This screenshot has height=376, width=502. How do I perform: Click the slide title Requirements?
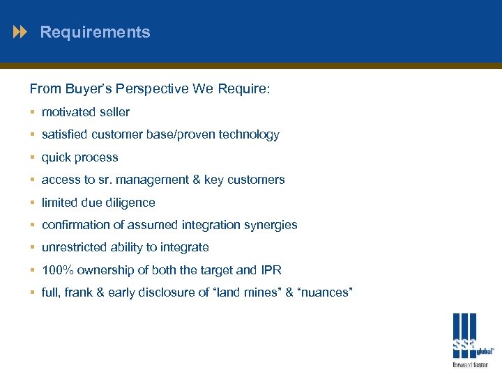pos(95,32)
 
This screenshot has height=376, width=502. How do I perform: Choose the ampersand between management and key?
pos(195,180)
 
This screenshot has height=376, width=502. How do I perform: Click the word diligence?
pos(132,203)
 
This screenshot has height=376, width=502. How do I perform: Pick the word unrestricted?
pos(74,247)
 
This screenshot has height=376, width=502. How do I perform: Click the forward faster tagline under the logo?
pos(471,364)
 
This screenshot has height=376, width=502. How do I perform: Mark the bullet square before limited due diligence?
pos(33,203)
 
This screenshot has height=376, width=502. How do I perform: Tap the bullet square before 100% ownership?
pos(33,270)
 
